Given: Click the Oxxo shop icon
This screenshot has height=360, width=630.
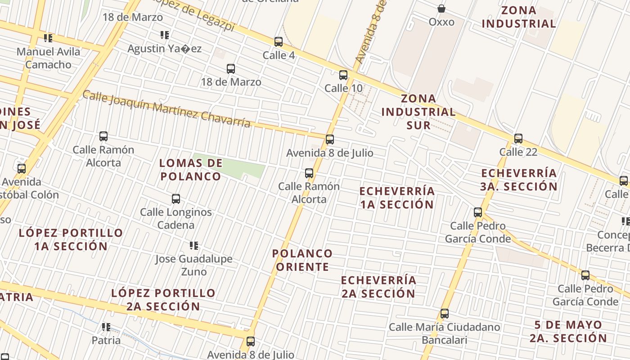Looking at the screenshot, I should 441,9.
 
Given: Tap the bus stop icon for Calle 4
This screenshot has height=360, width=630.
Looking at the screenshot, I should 279,42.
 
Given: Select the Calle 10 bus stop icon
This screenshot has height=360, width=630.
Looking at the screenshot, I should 343,75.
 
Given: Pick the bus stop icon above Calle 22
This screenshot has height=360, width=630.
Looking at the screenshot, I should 518,139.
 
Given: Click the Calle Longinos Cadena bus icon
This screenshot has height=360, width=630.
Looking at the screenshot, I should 176,199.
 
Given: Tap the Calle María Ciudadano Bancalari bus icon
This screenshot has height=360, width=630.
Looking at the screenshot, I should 445,314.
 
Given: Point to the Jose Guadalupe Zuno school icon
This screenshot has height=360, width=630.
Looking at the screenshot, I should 194,246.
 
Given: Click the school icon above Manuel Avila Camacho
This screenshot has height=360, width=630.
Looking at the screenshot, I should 48,38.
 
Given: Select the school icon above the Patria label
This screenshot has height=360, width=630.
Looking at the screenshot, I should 106,327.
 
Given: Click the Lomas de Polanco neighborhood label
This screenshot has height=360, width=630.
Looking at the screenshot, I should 191,170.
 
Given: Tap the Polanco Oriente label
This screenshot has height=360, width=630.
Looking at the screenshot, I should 302,260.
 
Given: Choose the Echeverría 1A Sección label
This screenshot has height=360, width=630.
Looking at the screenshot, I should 397,198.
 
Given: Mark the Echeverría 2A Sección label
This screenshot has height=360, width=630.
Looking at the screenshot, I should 378,287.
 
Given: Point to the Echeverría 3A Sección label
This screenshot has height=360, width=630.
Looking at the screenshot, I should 519,180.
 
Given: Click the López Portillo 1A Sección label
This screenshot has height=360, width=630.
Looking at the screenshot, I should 71,239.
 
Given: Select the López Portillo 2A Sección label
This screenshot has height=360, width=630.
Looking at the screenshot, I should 163,300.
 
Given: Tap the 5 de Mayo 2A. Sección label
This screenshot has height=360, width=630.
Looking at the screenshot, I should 568,331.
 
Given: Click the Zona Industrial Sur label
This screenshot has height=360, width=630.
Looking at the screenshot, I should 418,112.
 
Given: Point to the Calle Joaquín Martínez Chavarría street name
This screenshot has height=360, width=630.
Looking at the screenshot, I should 166,108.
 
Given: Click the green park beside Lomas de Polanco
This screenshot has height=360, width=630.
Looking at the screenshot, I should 238,167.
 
